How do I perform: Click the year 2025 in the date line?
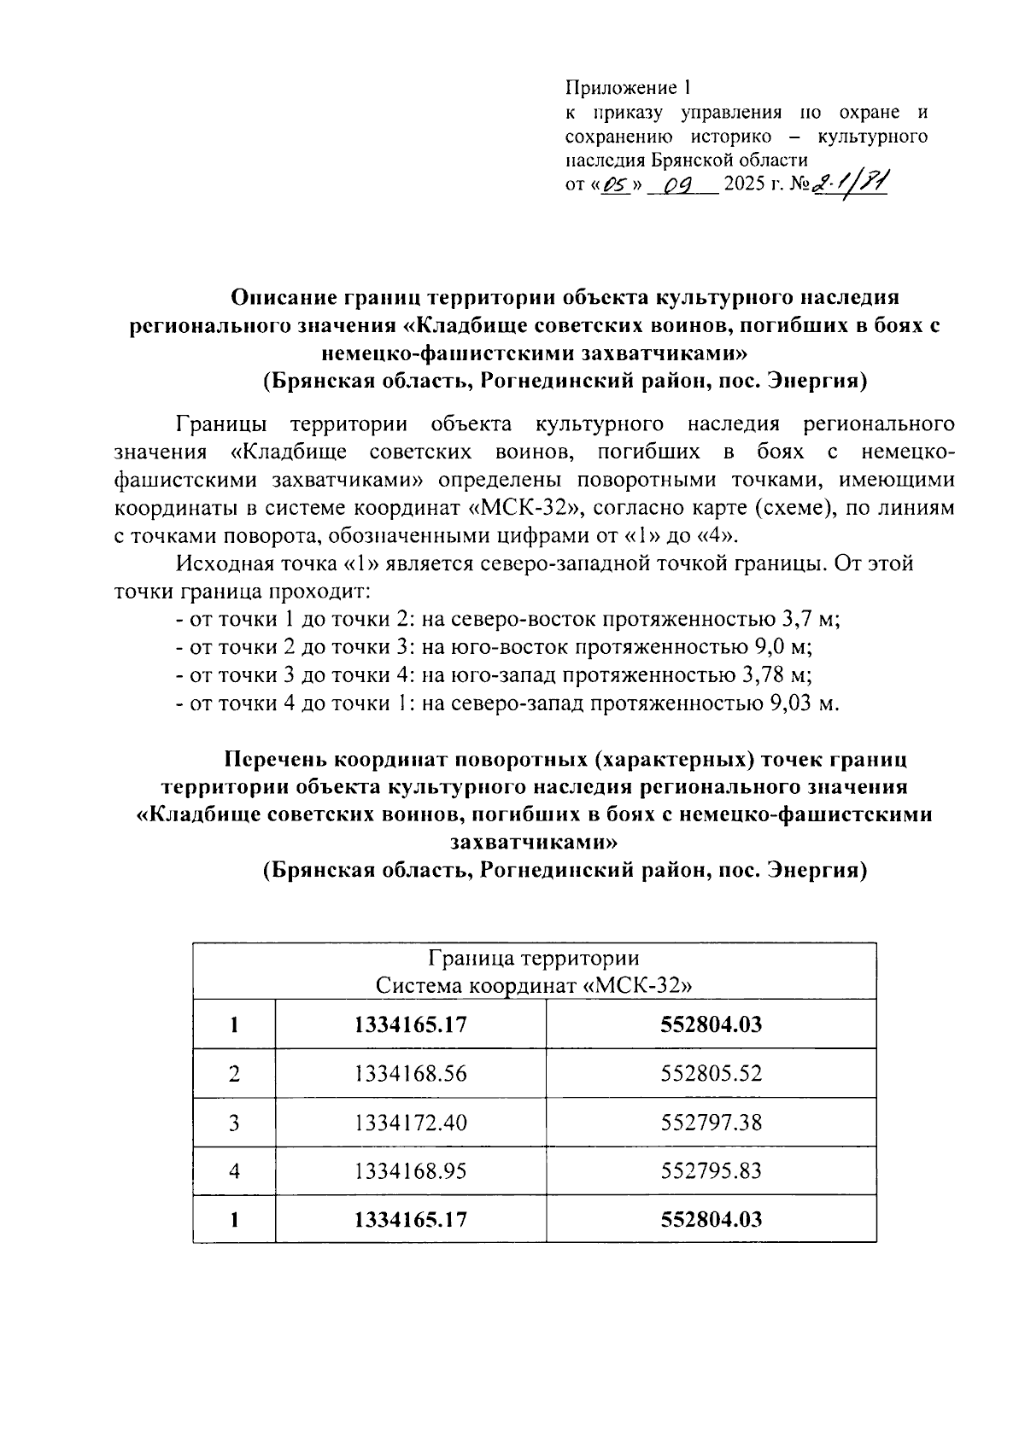744,185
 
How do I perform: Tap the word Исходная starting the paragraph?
224,564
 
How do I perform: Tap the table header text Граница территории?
534,958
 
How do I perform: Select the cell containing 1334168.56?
411,1073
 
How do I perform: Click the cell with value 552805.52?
711,1073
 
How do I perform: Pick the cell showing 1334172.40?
411,1122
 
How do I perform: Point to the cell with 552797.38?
711,1122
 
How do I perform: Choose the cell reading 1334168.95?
411,1170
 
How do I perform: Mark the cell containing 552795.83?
711,1170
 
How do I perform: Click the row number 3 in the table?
234,1122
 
